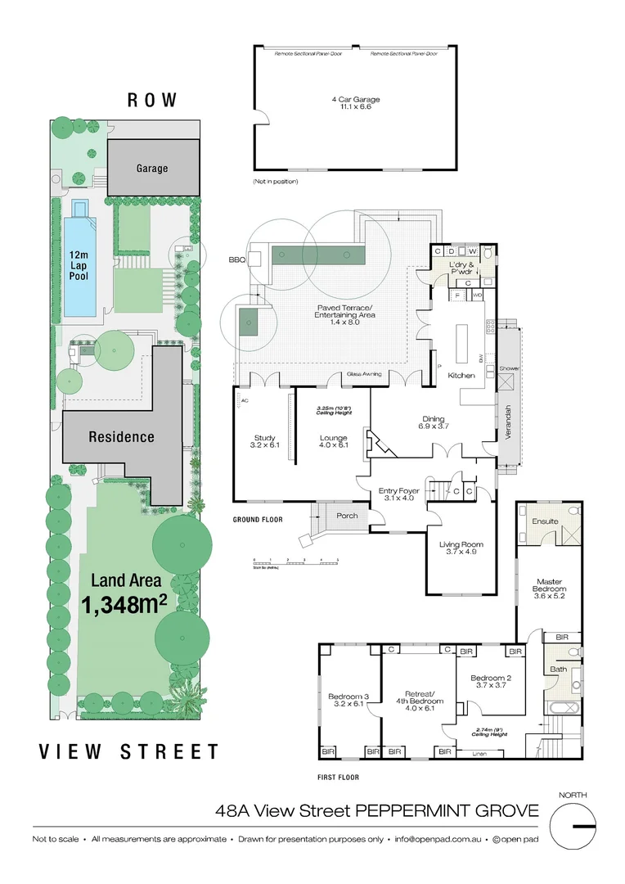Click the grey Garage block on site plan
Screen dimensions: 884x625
(153, 168)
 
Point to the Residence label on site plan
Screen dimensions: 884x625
(121, 436)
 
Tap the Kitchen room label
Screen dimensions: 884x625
(461, 375)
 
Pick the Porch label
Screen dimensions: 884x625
(348, 515)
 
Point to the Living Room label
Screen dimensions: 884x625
(461, 548)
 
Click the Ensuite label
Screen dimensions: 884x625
(545, 521)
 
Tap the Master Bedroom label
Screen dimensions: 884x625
(549, 585)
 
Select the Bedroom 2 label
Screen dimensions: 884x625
(491, 682)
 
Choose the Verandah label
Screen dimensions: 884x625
(507, 423)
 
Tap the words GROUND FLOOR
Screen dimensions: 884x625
(258, 520)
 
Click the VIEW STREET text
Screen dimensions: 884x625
(129, 751)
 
